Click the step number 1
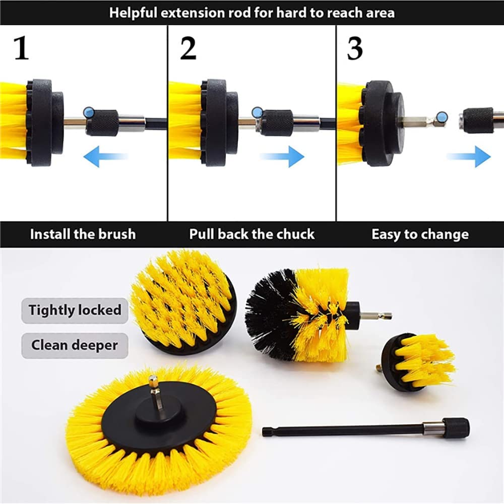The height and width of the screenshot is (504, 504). coord(22,48)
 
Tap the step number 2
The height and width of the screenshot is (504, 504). coord(188,48)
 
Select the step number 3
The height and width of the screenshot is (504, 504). coord(355,48)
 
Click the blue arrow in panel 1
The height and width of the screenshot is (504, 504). coord(105,156)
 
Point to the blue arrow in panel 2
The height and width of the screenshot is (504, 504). coord(282,157)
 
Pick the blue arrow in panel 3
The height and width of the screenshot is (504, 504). coord(469,157)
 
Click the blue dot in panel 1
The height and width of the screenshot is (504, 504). coord(88,112)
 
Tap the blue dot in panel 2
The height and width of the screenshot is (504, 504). coord(257,112)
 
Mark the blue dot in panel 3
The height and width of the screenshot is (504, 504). coord(443,117)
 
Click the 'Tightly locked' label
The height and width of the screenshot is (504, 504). coord(75,310)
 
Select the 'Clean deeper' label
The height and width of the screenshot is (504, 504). coord(75,346)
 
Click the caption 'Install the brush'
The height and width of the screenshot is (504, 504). coord(83,234)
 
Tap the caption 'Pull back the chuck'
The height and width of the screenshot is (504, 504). coord(251,234)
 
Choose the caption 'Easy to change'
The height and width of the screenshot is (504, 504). coord(420,234)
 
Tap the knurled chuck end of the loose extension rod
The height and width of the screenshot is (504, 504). coord(456,428)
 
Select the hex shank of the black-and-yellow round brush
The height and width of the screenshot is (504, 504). coord(376,316)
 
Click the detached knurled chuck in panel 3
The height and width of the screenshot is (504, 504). coord(478,120)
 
